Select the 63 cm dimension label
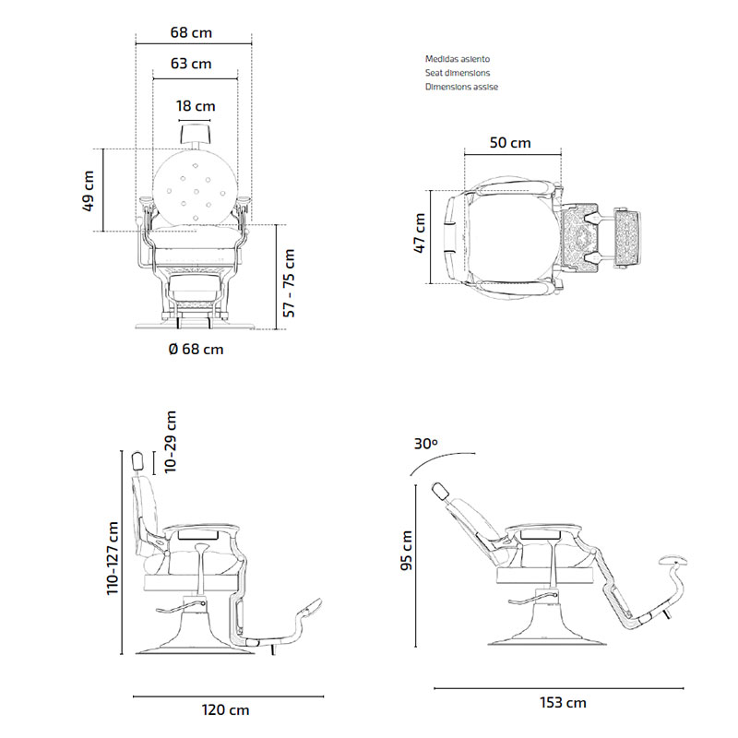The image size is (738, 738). pos(191,64)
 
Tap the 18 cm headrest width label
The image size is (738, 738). pos(195,106)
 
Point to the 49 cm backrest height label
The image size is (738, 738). pos(89,191)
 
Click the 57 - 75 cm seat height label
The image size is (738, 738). pos(289,282)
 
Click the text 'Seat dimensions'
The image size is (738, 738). pos(458,72)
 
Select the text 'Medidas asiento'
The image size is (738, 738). pos(458,58)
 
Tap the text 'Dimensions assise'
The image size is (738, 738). pos(461,86)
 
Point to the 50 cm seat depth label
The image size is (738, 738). pos(510,143)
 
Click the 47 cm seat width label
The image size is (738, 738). pos(419,232)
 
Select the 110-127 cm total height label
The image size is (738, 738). pos(113,558)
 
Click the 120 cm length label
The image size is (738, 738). pos(225,710)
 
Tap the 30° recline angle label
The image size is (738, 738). pos(425,444)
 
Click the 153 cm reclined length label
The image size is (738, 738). pos(562,703)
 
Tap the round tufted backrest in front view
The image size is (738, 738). pos(195,185)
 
